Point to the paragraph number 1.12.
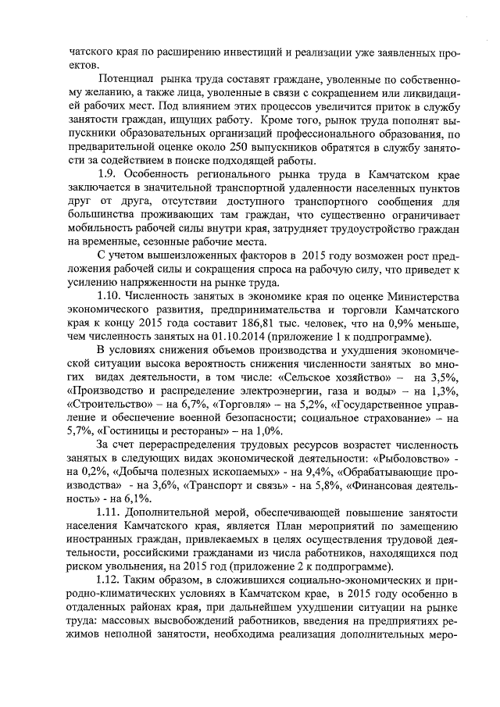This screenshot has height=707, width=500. (109, 580)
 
